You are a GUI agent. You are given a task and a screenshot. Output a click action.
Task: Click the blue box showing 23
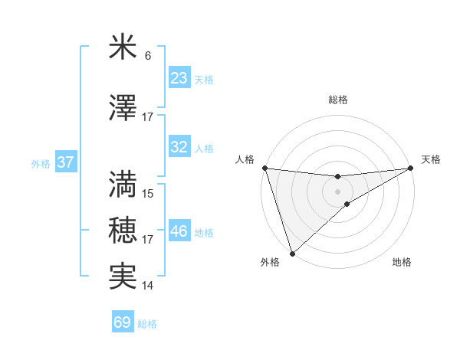click(x=179, y=78)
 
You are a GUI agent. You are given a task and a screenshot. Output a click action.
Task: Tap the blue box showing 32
click(x=179, y=148)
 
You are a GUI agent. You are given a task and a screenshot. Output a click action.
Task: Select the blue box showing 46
click(x=179, y=231)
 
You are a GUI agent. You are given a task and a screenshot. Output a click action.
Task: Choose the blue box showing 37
click(x=65, y=163)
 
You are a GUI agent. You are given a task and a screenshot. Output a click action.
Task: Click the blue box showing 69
click(x=123, y=322)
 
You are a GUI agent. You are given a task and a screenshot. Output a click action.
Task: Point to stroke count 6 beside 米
click(x=148, y=56)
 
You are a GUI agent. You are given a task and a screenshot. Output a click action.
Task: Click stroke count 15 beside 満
click(x=148, y=194)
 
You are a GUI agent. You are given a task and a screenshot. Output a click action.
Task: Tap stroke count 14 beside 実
click(x=148, y=286)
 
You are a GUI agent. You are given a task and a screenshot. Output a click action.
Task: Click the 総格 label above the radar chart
click(x=338, y=100)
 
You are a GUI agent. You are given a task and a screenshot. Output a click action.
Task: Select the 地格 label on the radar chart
click(x=402, y=263)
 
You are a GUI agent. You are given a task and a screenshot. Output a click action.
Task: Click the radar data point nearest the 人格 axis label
click(x=264, y=168)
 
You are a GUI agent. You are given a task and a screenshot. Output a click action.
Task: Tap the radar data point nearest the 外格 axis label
click(x=292, y=253)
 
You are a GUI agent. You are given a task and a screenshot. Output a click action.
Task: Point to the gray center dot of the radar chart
click(x=338, y=191)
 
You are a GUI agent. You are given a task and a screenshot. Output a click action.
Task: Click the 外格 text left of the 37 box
click(x=40, y=164)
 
